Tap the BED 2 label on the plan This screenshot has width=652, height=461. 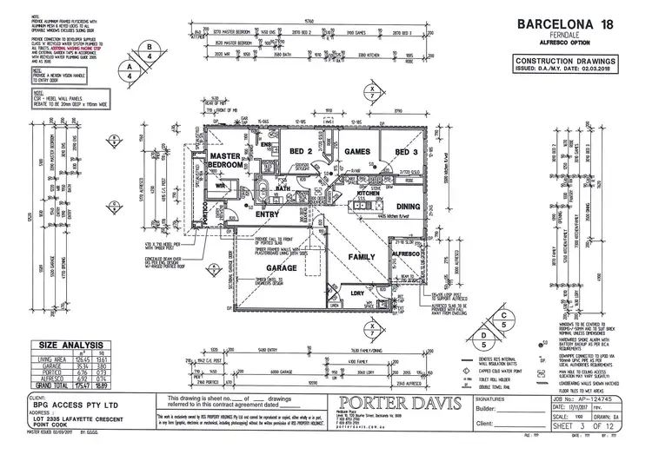301,151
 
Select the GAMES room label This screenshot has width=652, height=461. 358,151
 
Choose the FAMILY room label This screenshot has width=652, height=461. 361,257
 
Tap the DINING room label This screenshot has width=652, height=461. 409,206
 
